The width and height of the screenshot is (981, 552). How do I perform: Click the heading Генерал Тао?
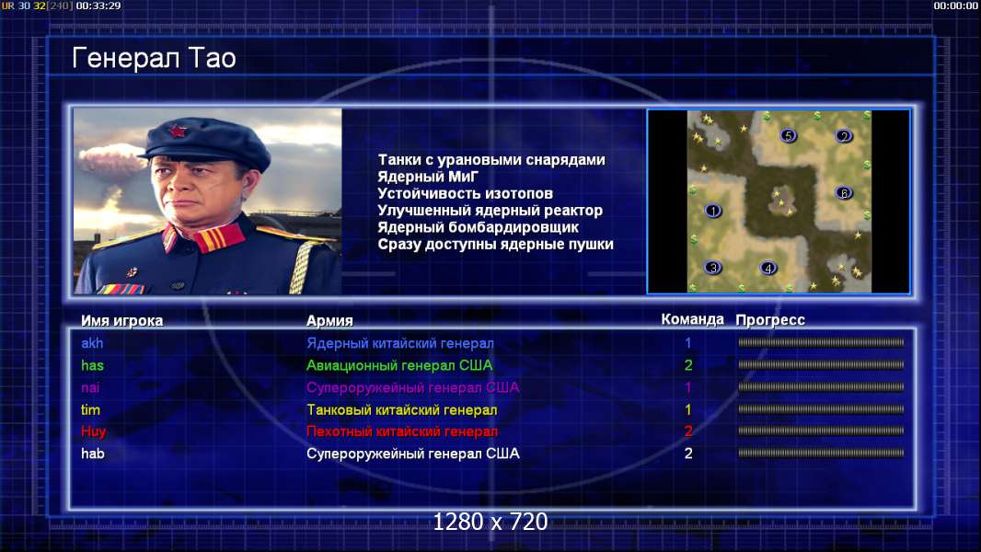coord(154,58)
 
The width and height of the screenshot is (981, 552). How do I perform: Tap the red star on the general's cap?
coord(177,132)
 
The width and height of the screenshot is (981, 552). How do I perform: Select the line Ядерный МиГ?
coord(428,177)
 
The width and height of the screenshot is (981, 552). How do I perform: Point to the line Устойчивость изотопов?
coord(465,194)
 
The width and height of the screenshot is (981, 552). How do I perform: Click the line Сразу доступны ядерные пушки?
coord(495,245)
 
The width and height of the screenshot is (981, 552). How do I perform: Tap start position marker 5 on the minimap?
coord(789,135)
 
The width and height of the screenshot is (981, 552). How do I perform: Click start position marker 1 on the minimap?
coord(713,211)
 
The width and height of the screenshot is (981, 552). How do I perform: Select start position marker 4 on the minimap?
coord(768,269)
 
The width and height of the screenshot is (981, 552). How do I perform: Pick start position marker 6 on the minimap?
coord(844,192)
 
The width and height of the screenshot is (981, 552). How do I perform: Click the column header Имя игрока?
coord(122,321)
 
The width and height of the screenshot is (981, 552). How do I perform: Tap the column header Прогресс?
coord(770,320)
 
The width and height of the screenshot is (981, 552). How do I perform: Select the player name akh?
coord(92,343)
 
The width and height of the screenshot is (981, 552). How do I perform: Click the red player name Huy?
coord(93,431)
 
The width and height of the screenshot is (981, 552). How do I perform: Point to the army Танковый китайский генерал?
coord(401,410)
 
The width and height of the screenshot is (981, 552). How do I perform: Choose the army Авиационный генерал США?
coord(399,365)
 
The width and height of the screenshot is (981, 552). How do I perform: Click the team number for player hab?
coord(688,454)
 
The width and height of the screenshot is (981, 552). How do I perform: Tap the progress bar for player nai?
coord(821,387)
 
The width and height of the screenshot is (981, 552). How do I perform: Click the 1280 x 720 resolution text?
coord(490,522)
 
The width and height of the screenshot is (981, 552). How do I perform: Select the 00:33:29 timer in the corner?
coord(98,6)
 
